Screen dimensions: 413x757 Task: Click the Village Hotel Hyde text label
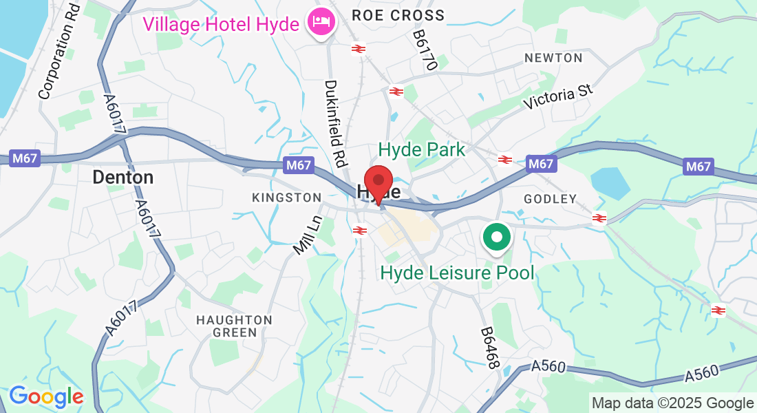coord(221,24)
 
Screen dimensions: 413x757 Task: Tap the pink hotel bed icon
coord(321,22)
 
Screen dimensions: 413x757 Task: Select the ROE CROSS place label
coord(398,14)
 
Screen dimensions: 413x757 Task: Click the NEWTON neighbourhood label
coord(553,58)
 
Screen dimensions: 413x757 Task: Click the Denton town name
coord(123,178)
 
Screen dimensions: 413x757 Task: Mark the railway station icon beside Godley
coord(599,218)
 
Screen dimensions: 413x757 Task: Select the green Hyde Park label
coord(422,149)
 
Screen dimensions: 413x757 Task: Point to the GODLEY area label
coord(550,199)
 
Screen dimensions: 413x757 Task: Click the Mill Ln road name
coord(308,235)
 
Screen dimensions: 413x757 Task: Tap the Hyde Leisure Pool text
coord(457,273)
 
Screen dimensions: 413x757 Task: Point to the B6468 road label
coord(489,348)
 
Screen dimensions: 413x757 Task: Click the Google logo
coord(46,396)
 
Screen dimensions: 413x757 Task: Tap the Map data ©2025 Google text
coord(673,403)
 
